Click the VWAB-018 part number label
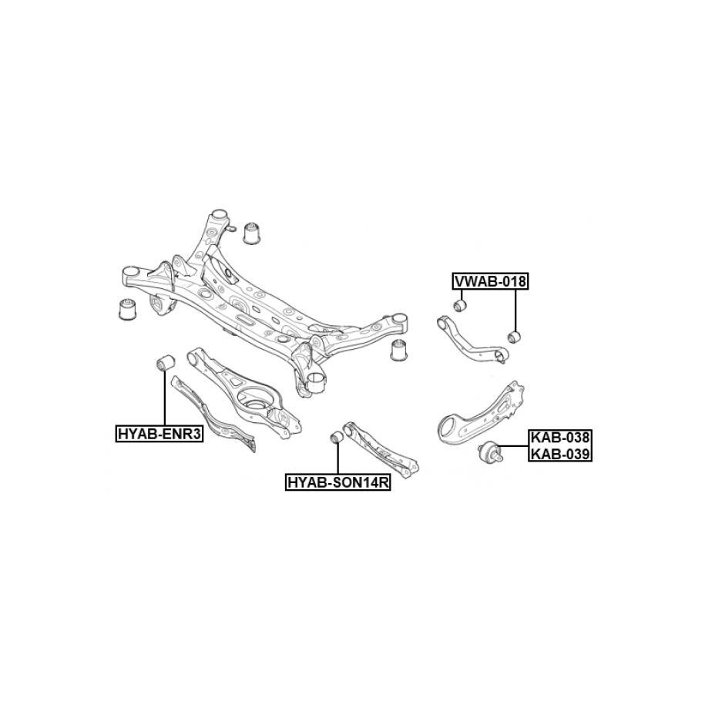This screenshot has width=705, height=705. [490, 281]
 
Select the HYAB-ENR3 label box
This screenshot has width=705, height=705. [159, 434]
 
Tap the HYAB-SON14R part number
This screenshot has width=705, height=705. [338, 482]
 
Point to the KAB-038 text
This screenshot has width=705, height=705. [560, 437]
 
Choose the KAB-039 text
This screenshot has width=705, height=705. [560, 454]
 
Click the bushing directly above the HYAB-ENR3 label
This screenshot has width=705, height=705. [166, 362]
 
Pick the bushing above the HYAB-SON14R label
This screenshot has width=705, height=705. [337, 438]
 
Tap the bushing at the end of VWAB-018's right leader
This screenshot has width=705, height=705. [514, 336]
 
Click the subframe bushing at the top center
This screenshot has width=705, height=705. [253, 233]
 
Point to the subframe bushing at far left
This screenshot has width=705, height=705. [128, 308]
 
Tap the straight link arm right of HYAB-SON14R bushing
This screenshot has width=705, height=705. [380, 450]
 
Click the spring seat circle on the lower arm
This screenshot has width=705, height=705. [253, 400]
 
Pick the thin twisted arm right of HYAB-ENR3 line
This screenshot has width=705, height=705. [214, 414]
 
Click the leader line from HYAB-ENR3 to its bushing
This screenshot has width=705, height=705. [166, 398]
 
